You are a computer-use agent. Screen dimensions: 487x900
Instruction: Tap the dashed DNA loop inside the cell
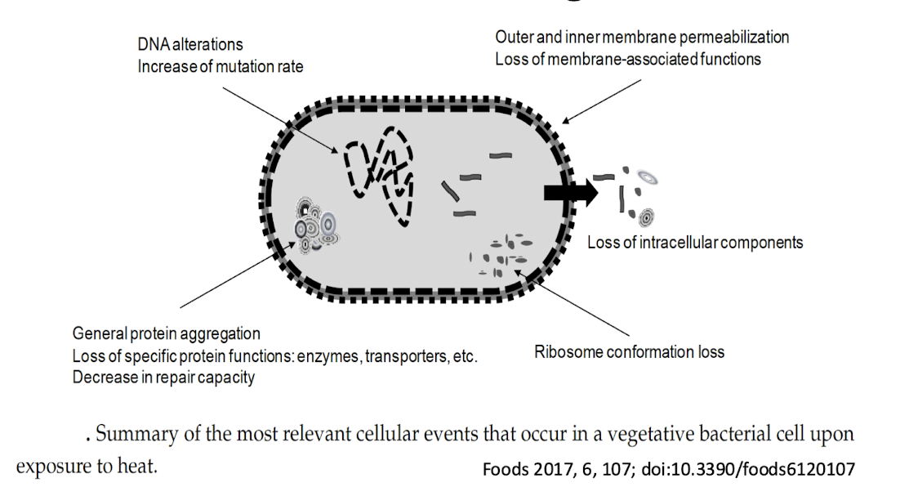(378, 172)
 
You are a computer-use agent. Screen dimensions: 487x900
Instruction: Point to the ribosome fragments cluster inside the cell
(500, 253)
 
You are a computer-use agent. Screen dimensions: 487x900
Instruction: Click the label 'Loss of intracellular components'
(695, 243)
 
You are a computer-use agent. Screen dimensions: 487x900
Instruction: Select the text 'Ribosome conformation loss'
(629, 352)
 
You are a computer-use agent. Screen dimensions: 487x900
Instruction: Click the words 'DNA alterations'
(190, 45)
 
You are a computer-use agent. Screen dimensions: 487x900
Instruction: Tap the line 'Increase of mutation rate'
(220, 66)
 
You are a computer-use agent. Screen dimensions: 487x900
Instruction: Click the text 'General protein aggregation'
(167, 333)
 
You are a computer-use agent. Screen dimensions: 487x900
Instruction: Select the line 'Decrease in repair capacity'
(163, 378)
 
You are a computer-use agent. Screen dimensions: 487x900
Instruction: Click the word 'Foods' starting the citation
(501, 470)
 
